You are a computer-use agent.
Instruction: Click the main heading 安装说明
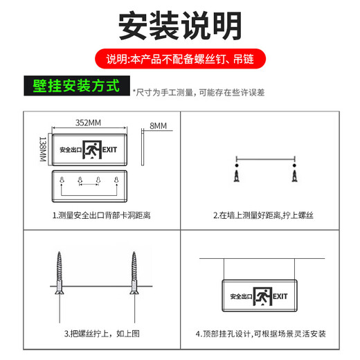[180, 26]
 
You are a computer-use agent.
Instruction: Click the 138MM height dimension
[42, 150]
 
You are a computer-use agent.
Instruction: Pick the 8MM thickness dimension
[159, 125]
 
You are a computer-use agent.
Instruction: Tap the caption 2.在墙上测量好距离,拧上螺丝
[263, 215]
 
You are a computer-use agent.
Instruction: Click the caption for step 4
[263, 333]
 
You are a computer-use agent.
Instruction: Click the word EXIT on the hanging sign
[280, 296]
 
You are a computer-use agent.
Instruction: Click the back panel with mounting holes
[88, 185]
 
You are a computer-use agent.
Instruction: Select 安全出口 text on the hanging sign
[240, 296]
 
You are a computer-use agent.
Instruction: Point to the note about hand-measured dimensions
[201, 91]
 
